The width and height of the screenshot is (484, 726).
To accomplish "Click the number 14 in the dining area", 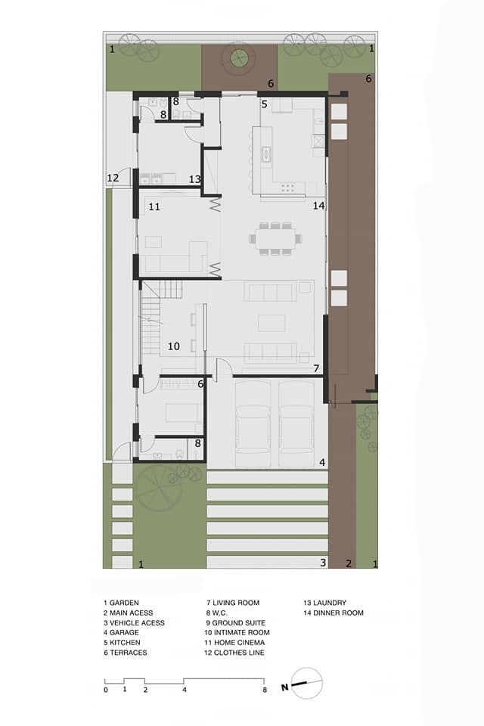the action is (x=318, y=206).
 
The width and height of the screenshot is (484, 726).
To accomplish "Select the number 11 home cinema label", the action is (x=154, y=207).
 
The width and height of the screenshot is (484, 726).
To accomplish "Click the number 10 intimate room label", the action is (x=174, y=346).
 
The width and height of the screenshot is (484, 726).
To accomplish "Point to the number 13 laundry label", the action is (x=195, y=179).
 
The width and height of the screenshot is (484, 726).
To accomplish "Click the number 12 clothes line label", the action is (x=113, y=178).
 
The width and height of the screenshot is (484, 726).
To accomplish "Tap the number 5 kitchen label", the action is (x=265, y=104).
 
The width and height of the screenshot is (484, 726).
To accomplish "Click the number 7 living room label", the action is (x=316, y=368).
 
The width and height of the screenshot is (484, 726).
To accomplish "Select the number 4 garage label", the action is (x=322, y=462).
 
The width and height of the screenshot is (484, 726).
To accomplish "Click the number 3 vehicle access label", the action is (x=323, y=563).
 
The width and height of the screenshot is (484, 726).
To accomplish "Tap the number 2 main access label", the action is (x=349, y=563).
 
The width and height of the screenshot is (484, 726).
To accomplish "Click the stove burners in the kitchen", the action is (x=287, y=187).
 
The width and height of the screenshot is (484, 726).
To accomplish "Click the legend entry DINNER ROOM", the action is (x=339, y=613).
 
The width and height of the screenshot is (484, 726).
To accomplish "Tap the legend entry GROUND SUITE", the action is (x=239, y=623).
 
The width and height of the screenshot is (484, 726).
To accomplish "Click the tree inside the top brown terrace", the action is (x=240, y=58).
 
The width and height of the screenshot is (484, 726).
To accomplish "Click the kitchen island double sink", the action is (x=266, y=154).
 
